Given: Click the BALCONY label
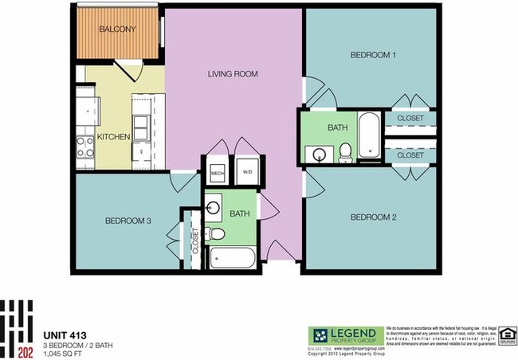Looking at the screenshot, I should tap(117, 29).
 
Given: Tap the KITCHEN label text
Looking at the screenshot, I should tap(113, 137).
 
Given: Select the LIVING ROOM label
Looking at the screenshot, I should tap(233, 74).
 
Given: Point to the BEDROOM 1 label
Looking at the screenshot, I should tap(374, 55).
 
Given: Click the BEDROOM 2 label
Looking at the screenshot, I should tap(374, 217).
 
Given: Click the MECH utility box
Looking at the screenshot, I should tap(217, 173).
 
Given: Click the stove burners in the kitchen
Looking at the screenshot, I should tap(84, 147).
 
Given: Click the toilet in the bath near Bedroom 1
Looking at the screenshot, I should tap(346, 152).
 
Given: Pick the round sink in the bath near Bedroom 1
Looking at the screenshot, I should tap(320, 154).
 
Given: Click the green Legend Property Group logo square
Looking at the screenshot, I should tap(319, 335).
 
